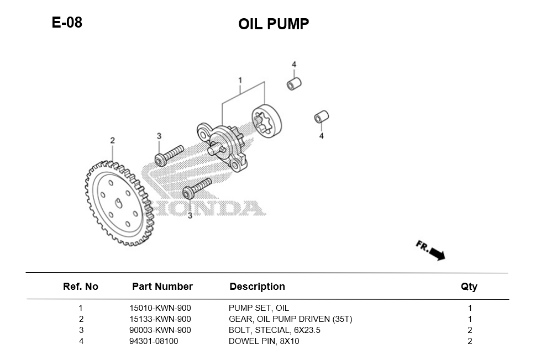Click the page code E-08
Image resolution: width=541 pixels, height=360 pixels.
pos(67,23)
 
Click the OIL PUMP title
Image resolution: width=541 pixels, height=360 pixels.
pos(274,24)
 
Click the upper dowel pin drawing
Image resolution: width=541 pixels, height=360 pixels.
pos(293,83)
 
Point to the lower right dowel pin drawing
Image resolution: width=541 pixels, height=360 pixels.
pos(322,117)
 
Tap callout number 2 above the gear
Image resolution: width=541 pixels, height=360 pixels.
pos(112,140)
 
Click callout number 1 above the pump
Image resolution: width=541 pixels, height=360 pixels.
pos(240,81)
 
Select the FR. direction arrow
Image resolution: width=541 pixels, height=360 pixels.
pos(431,250)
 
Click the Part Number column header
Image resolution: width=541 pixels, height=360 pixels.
pos(162,287)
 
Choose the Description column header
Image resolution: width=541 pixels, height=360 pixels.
pos(257,287)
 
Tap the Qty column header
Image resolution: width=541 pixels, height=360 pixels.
pos(469,287)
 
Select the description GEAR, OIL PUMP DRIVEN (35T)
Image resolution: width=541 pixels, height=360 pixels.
pos(290,319)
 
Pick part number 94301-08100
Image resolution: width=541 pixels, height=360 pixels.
pos(154,341)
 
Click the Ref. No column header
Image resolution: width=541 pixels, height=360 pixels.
pos(81,287)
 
